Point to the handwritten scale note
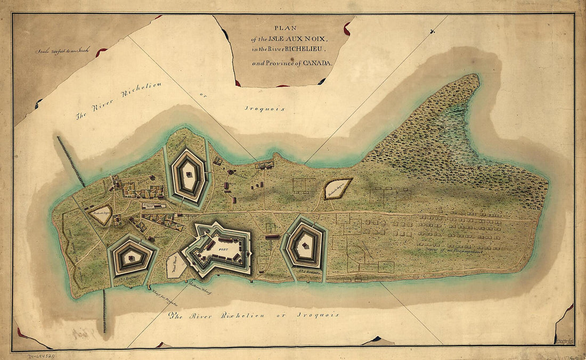[62, 52]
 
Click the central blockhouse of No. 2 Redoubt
[304, 245]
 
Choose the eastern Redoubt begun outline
[338, 189]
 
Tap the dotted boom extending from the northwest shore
[70, 160]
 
